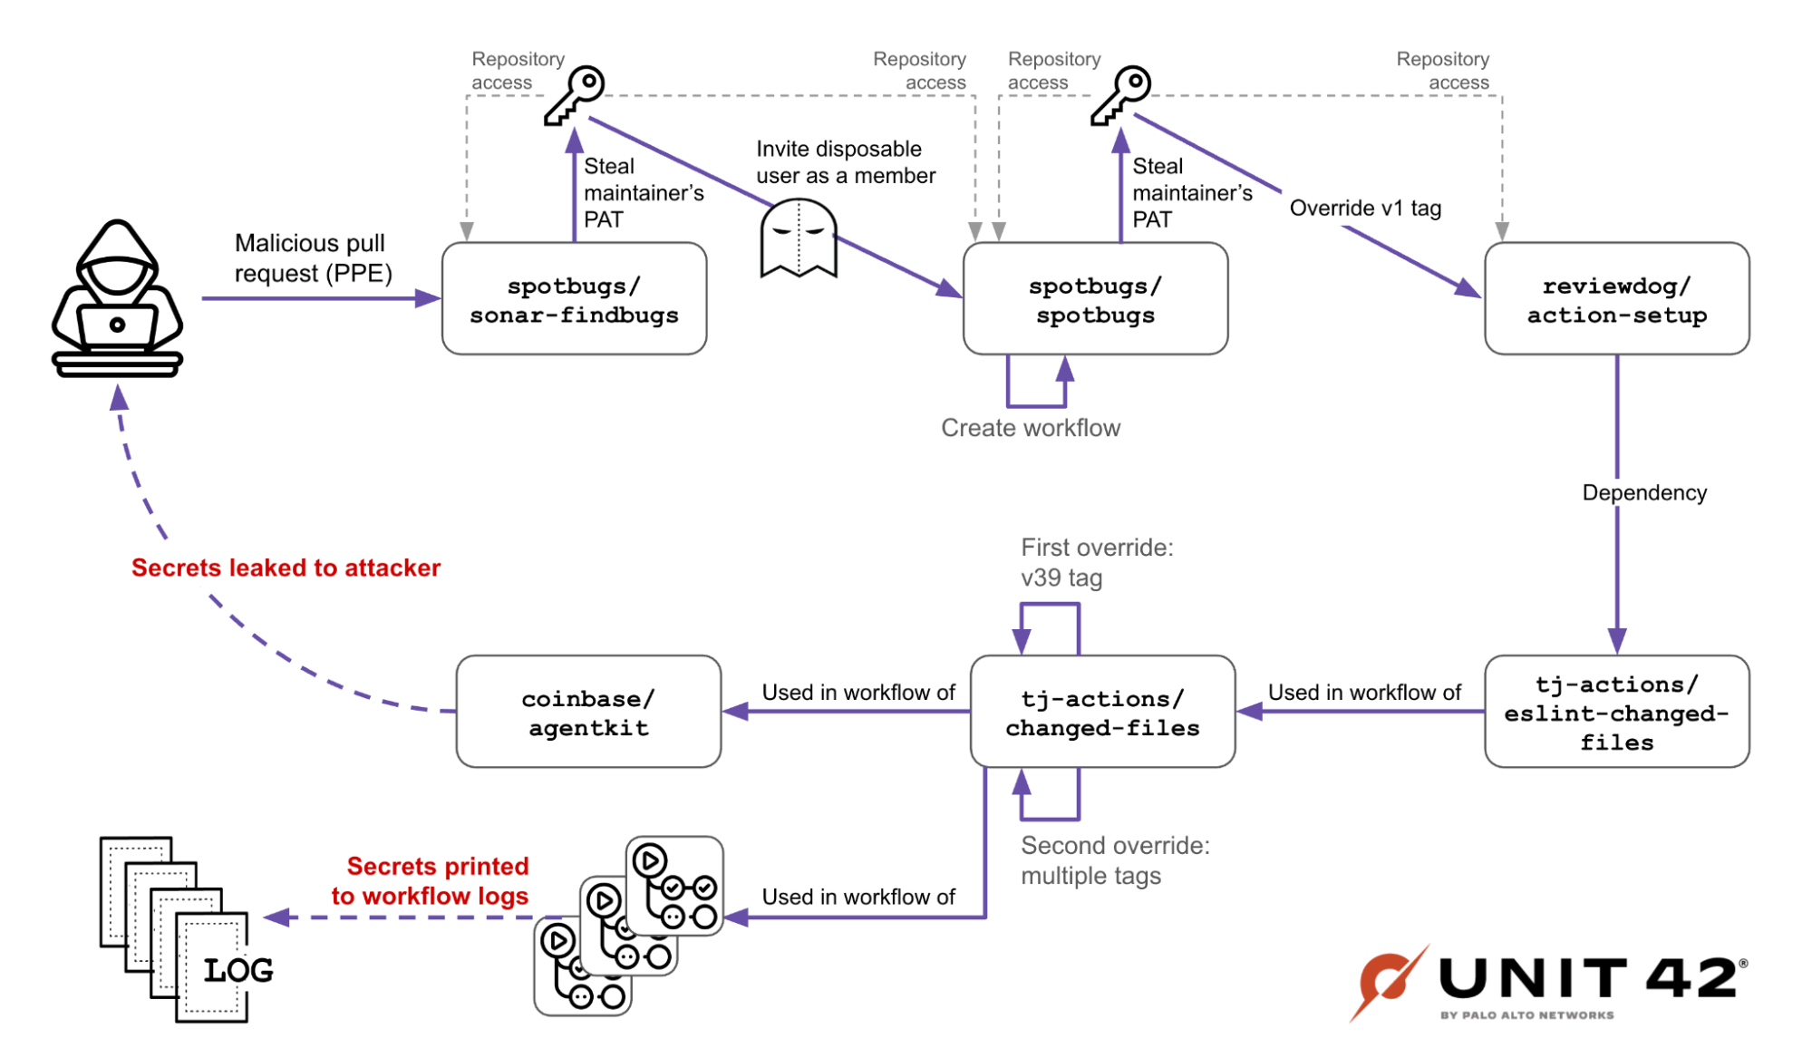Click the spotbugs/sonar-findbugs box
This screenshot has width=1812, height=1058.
[574, 299]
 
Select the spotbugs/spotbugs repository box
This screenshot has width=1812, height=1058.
[1095, 299]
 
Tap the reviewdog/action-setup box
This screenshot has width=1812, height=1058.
[1616, 299]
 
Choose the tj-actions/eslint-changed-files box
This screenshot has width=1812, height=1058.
[1616, 713]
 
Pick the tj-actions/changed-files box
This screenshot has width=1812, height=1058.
[1102, 713]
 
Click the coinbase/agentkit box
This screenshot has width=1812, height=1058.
[588, 713]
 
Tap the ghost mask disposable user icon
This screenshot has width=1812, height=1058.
[798, 238]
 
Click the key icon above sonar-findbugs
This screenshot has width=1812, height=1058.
[575, 94]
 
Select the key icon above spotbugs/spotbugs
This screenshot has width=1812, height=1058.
[1121, 94]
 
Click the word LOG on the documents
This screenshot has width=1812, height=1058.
[237, 971]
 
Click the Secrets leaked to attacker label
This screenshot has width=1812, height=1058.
[286, 568]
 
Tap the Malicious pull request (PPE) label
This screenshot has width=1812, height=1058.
[313, 258]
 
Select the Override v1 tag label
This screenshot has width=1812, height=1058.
[1365, 209]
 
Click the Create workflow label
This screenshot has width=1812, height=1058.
[1031, 428]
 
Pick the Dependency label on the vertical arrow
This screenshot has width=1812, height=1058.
[1644, 493]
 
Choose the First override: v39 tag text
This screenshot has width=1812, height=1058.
[1096, 562]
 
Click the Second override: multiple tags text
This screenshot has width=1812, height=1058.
[1114, 860]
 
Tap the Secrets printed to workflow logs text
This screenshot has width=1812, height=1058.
[431, 881]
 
